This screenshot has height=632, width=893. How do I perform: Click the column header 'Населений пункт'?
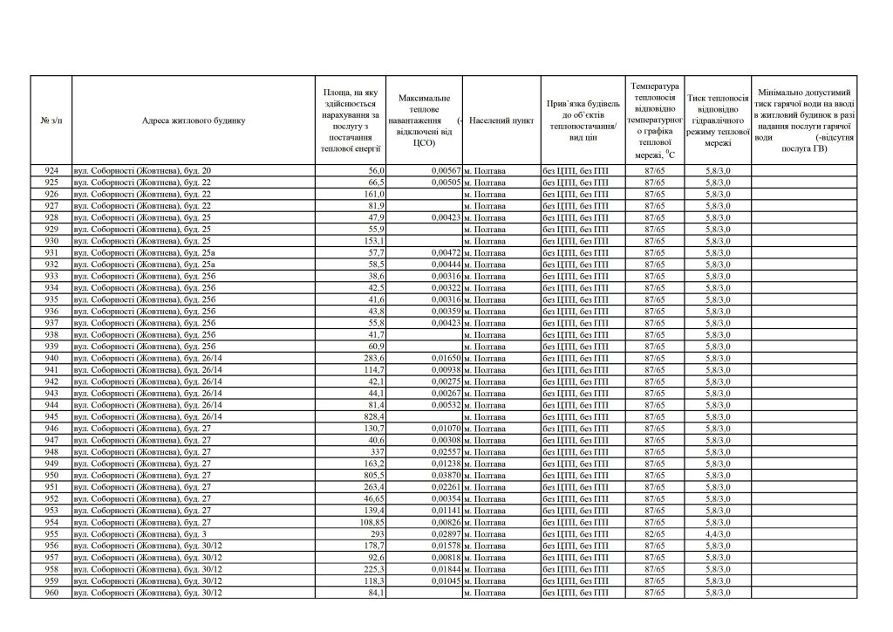[501, 120]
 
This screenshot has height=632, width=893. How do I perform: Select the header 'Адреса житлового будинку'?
[194, 120]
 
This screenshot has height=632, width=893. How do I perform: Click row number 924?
[51, 170]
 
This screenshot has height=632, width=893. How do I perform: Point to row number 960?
[51, 594]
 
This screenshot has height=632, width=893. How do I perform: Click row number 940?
[51, 358]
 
